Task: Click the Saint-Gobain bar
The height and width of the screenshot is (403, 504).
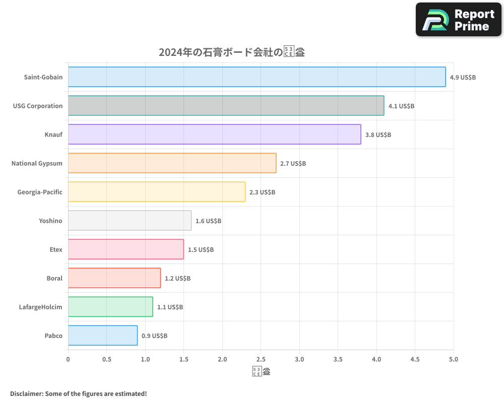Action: point(257,77)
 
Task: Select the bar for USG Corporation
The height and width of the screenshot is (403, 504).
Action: point(226,106)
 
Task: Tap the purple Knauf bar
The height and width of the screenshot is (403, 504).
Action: point(214,135)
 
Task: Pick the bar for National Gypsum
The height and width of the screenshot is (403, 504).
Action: point(172,163)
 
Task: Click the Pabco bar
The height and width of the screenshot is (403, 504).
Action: point(102,335)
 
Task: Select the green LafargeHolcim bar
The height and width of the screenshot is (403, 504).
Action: point(110,307)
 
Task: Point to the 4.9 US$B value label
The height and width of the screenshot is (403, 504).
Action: point(463,78)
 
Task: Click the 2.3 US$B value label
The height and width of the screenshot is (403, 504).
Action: point(262,192)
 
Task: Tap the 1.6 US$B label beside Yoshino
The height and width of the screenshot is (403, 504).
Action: point(208,221)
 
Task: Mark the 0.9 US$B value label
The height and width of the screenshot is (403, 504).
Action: point(154,336)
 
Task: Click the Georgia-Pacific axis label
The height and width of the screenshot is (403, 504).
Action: point(40,192)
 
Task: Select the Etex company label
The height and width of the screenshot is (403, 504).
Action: point(56,249)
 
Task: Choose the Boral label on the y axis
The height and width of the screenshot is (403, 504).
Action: point(54,278)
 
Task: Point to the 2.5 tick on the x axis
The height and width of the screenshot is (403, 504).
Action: point(261,359)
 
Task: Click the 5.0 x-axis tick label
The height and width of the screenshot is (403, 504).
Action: point(454,359)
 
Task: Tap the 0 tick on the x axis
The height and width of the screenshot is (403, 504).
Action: point(68,359)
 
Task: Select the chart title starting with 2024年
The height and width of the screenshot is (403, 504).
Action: point(232,52)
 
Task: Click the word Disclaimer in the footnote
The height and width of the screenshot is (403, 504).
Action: point(26,393)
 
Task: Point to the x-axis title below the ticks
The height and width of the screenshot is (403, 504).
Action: point(261,372)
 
